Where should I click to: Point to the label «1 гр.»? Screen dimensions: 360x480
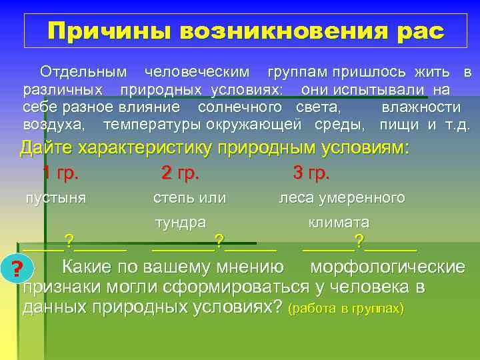tap(61, 173)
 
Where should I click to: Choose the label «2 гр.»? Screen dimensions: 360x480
tap(180, 173)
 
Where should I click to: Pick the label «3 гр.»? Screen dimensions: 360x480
tap(311, 173)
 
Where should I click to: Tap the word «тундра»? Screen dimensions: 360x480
tap(180, 222)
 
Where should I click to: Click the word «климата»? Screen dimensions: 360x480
tap(339, 222)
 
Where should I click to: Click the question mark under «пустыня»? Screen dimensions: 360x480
tap(68, 240)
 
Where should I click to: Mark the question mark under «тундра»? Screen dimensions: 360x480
tap(219, 240)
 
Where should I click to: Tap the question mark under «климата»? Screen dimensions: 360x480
tap(359, 240)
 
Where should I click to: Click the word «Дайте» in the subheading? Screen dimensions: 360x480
tap(43, 148)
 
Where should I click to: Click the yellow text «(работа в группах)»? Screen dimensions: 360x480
tap(345, 309)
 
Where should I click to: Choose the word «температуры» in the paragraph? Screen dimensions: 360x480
tap(153, 125)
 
